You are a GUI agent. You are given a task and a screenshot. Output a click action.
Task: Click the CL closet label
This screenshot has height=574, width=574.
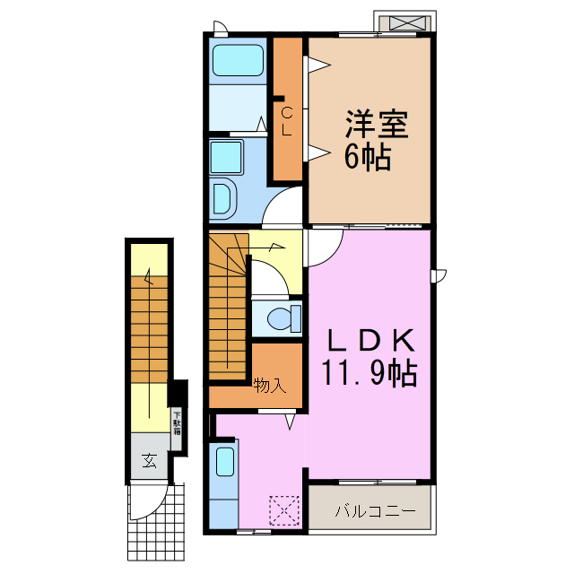pyautogui.click(x=287, y=121)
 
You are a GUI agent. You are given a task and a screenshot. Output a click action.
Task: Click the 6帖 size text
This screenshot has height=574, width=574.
pyautogui.click(x=367, y=158)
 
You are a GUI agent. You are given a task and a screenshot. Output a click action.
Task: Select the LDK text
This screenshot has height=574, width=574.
pyautogui.click(x=369, y=341)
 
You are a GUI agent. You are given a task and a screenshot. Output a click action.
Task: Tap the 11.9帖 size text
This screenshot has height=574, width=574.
pyautogui.click(x=369, y=373)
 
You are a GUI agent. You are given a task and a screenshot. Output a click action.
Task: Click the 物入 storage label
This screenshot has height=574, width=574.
pyautogui.click(x=269, y=387)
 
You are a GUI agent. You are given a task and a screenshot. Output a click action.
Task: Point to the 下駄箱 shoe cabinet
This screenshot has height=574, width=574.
pyautogui.click(x=177, y=421)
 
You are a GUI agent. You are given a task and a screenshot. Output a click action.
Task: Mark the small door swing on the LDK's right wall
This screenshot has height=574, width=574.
pyautogui.click(x=439, y=274)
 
